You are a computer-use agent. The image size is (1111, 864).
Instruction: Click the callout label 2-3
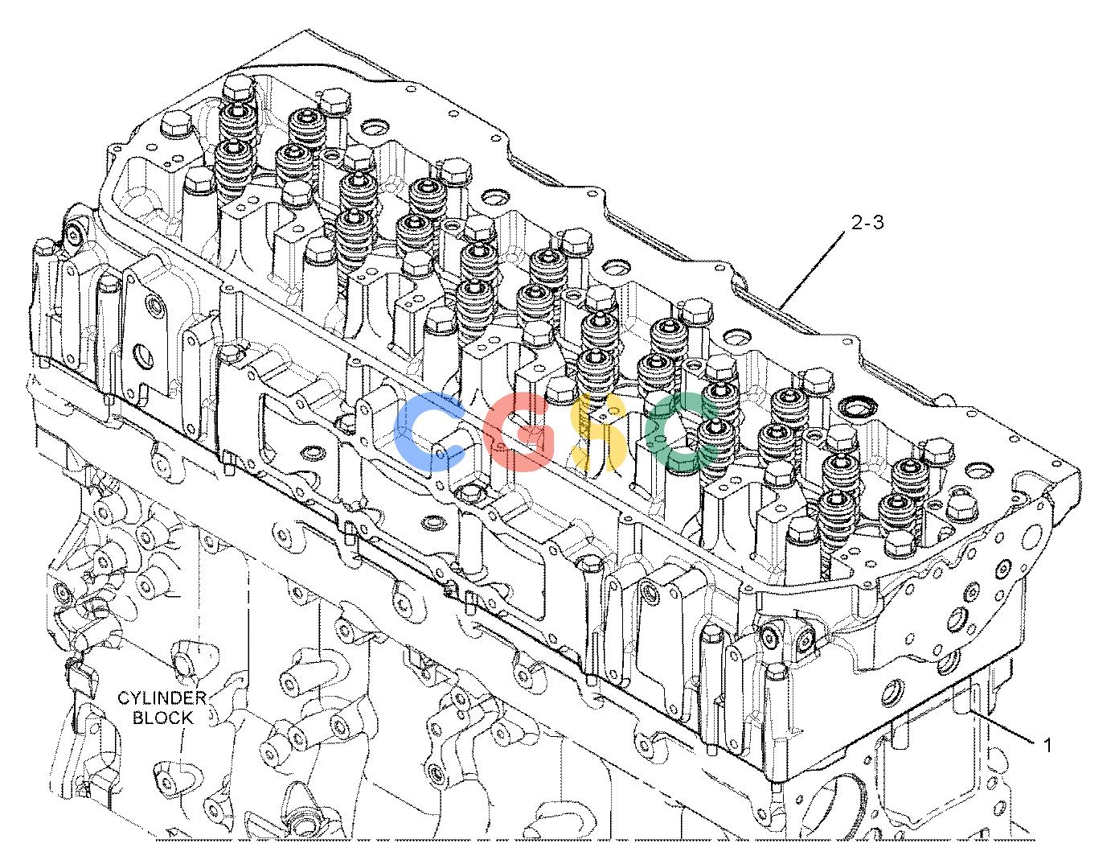(867, 223)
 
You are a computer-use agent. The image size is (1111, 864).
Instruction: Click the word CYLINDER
(162, 697)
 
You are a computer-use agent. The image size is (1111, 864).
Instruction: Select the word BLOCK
(163, 718)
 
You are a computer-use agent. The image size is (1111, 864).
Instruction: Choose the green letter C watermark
(681, 430)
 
